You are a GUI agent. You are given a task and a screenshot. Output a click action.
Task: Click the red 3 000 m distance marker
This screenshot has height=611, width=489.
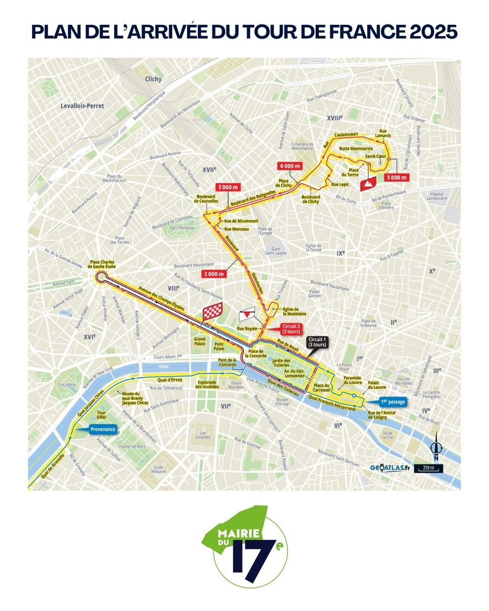point(227,187)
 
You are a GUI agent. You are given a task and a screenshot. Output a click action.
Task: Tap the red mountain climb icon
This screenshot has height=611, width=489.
point(367,184)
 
